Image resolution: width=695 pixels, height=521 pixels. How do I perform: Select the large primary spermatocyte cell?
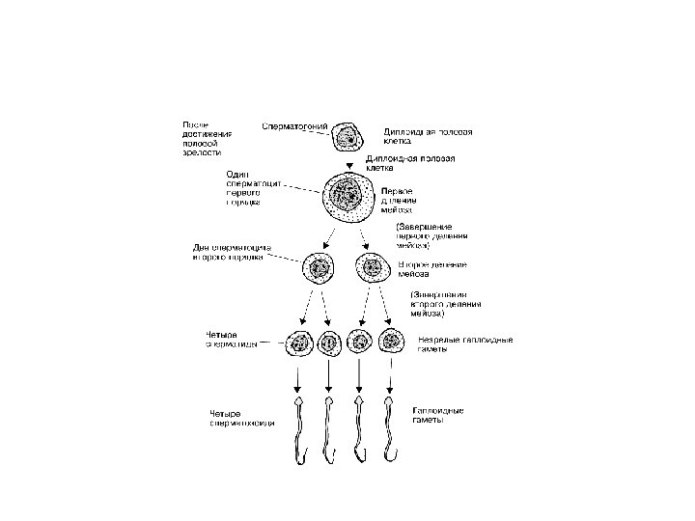pos(348,202)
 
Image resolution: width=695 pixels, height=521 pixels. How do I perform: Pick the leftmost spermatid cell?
pos(297,343)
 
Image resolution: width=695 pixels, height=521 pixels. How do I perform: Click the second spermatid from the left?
pos(329,343)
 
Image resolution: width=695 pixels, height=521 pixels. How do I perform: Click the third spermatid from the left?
pos(360,343)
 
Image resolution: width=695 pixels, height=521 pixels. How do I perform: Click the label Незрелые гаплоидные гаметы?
pos(464,343)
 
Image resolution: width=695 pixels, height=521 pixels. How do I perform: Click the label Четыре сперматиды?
pos(230,342)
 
